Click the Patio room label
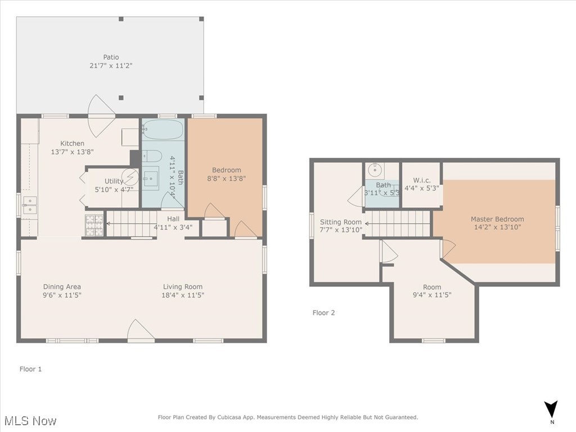click(x=111, y=57)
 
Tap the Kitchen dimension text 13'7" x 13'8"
click(x=73, y=152)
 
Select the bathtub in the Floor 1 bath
click(x=163, y=129)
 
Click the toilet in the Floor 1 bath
click(x=152, y=156)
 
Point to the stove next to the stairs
click(x=94, y=225)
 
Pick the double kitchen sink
click(x=29, y=206)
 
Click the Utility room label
click(x=114, y=181)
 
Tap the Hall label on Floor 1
click(x=173, y=219)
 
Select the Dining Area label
click(x=62, y=287)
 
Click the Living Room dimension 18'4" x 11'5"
click(x=183, y=295)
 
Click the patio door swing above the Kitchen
click(x=102, y=116)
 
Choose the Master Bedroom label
click(x=497, y=219)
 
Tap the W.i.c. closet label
click(x=422, y=180)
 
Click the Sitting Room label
click(x=340, y=222)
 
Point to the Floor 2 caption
click(x=323, y=313)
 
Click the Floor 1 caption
click(x=31, y=369)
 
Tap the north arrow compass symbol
click(x=551, y=409)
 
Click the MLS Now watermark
click(x=30, y=421)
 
